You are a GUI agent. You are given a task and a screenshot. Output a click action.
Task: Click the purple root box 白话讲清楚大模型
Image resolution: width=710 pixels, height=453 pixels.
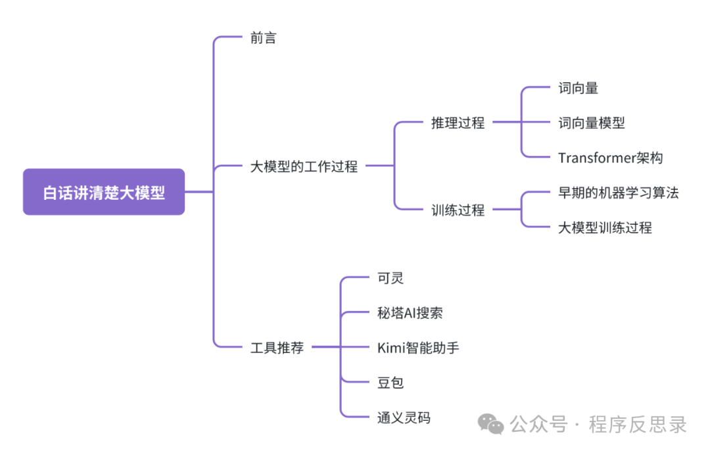[104, 192]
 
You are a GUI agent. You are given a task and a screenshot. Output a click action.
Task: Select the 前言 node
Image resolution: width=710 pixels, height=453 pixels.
[264, 38]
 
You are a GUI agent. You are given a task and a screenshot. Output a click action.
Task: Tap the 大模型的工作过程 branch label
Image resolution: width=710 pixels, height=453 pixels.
[304, 166]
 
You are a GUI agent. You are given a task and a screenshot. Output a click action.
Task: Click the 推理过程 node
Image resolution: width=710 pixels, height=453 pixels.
[458, 122]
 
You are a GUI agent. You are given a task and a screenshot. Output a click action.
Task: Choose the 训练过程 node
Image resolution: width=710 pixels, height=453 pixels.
[458, 210]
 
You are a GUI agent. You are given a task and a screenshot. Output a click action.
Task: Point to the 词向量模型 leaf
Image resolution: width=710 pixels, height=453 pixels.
[591, 123]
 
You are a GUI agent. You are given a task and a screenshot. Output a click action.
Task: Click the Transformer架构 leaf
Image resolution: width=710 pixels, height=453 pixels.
[610, 158]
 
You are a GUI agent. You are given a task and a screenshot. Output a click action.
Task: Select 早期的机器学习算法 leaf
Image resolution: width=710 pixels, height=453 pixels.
[618, 193]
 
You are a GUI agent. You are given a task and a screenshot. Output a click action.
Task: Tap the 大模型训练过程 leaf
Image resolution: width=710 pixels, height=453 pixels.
[605, 227]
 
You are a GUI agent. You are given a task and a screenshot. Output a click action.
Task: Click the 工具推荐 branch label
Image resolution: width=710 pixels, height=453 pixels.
[277, 348]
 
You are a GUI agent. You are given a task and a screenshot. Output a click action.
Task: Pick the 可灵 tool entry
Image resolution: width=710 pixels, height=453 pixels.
[390, 278]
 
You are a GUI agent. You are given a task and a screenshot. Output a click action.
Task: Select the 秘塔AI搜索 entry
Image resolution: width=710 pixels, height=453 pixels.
[410, 313]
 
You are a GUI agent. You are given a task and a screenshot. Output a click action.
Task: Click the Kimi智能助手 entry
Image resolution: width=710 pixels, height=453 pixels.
[418, 348]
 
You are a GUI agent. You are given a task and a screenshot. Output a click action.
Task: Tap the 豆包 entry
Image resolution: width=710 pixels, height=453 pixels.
[390, 383]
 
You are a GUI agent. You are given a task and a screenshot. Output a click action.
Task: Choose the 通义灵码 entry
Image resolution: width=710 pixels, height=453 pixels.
[404, 417]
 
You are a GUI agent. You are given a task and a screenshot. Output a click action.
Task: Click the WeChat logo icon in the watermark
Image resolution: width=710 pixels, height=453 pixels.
[491, 424]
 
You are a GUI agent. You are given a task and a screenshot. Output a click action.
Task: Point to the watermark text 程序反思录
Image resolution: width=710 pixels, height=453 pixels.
[638, 425]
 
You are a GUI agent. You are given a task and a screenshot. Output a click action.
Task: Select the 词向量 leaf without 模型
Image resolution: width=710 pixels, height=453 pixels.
[578, 88]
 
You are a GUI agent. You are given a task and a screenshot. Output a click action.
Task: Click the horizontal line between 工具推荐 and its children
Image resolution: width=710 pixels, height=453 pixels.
[325, 347]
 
